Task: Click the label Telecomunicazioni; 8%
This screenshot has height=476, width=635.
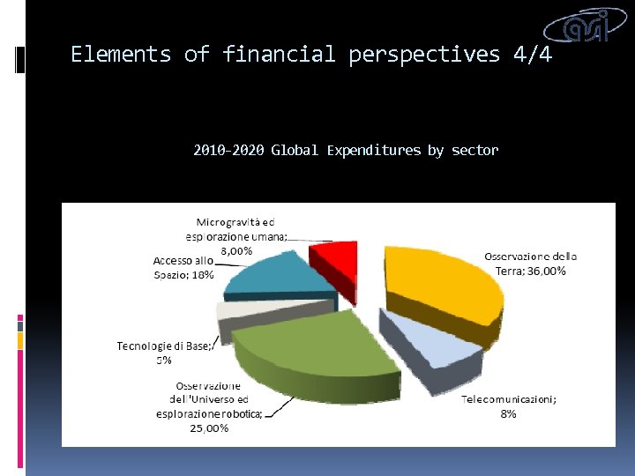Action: [x=509, y=406]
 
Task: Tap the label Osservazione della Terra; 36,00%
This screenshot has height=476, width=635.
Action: [x=530, y=264]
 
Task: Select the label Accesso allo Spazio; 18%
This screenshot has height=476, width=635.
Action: [x=183, y=267]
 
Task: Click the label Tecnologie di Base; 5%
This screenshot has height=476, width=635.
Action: [x=165, y=353]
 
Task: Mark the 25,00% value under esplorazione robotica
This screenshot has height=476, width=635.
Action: [x=211, y=428]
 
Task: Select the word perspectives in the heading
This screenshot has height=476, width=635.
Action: [x=423, y=55]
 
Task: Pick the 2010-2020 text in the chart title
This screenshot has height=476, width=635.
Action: [x=228, y=150]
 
